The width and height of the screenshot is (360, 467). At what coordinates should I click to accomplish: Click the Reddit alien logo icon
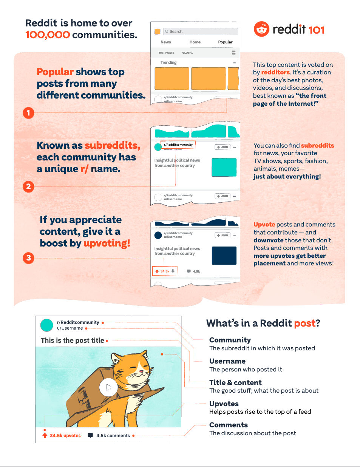tap(261, 29)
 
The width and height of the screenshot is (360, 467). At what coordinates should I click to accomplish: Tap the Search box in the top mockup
tap(201, 31)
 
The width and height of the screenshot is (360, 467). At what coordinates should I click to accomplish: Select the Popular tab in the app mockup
tap(225, 42)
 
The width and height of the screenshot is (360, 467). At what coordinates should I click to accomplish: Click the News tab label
tap(165, 42)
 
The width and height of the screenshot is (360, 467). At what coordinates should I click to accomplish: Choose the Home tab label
tap(195, 42)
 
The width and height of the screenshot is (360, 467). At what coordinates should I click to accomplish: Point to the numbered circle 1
tap(28, 113)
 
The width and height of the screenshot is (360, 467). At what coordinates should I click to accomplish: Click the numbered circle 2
tap(28, 186)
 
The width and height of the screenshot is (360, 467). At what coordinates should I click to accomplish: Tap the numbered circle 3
tap(28, 258)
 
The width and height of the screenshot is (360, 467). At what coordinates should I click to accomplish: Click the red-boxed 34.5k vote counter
tap(165, 271)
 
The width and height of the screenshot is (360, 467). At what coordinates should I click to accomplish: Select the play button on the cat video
tap(108, 387)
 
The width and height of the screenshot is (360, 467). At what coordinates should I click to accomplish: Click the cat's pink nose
tap(141, 371)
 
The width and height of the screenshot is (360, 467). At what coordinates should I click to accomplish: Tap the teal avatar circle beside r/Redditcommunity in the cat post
tap(47, 325)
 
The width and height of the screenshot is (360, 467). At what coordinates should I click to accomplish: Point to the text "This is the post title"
tap(73, 341)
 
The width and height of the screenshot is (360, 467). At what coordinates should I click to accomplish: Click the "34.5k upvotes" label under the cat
tap(65, 435)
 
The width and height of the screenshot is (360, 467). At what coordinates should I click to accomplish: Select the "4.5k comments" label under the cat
tap(113, 435)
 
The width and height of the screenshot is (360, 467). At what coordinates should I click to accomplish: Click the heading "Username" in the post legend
tap(227, 361)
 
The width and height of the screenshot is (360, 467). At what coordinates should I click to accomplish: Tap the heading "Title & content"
tap(235, 382)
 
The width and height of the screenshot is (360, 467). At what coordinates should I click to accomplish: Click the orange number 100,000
tap(48, 35)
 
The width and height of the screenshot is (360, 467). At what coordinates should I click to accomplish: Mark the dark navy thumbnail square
tap(224, 256)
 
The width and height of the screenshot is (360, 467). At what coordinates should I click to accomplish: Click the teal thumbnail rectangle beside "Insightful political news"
tap(224, 167)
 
